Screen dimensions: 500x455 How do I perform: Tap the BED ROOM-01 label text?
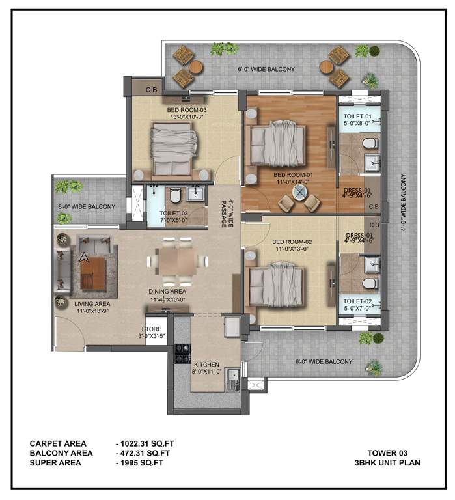[293, 175]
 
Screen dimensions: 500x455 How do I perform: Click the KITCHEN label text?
[206, 365]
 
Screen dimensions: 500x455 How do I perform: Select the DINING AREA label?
[167, 291]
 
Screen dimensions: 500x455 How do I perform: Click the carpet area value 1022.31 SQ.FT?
[145, 443]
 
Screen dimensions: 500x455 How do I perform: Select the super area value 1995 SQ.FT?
[139, 463]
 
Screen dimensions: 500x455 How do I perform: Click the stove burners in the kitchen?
[182, 353]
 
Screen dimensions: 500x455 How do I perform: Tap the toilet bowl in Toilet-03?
[174, 196]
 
